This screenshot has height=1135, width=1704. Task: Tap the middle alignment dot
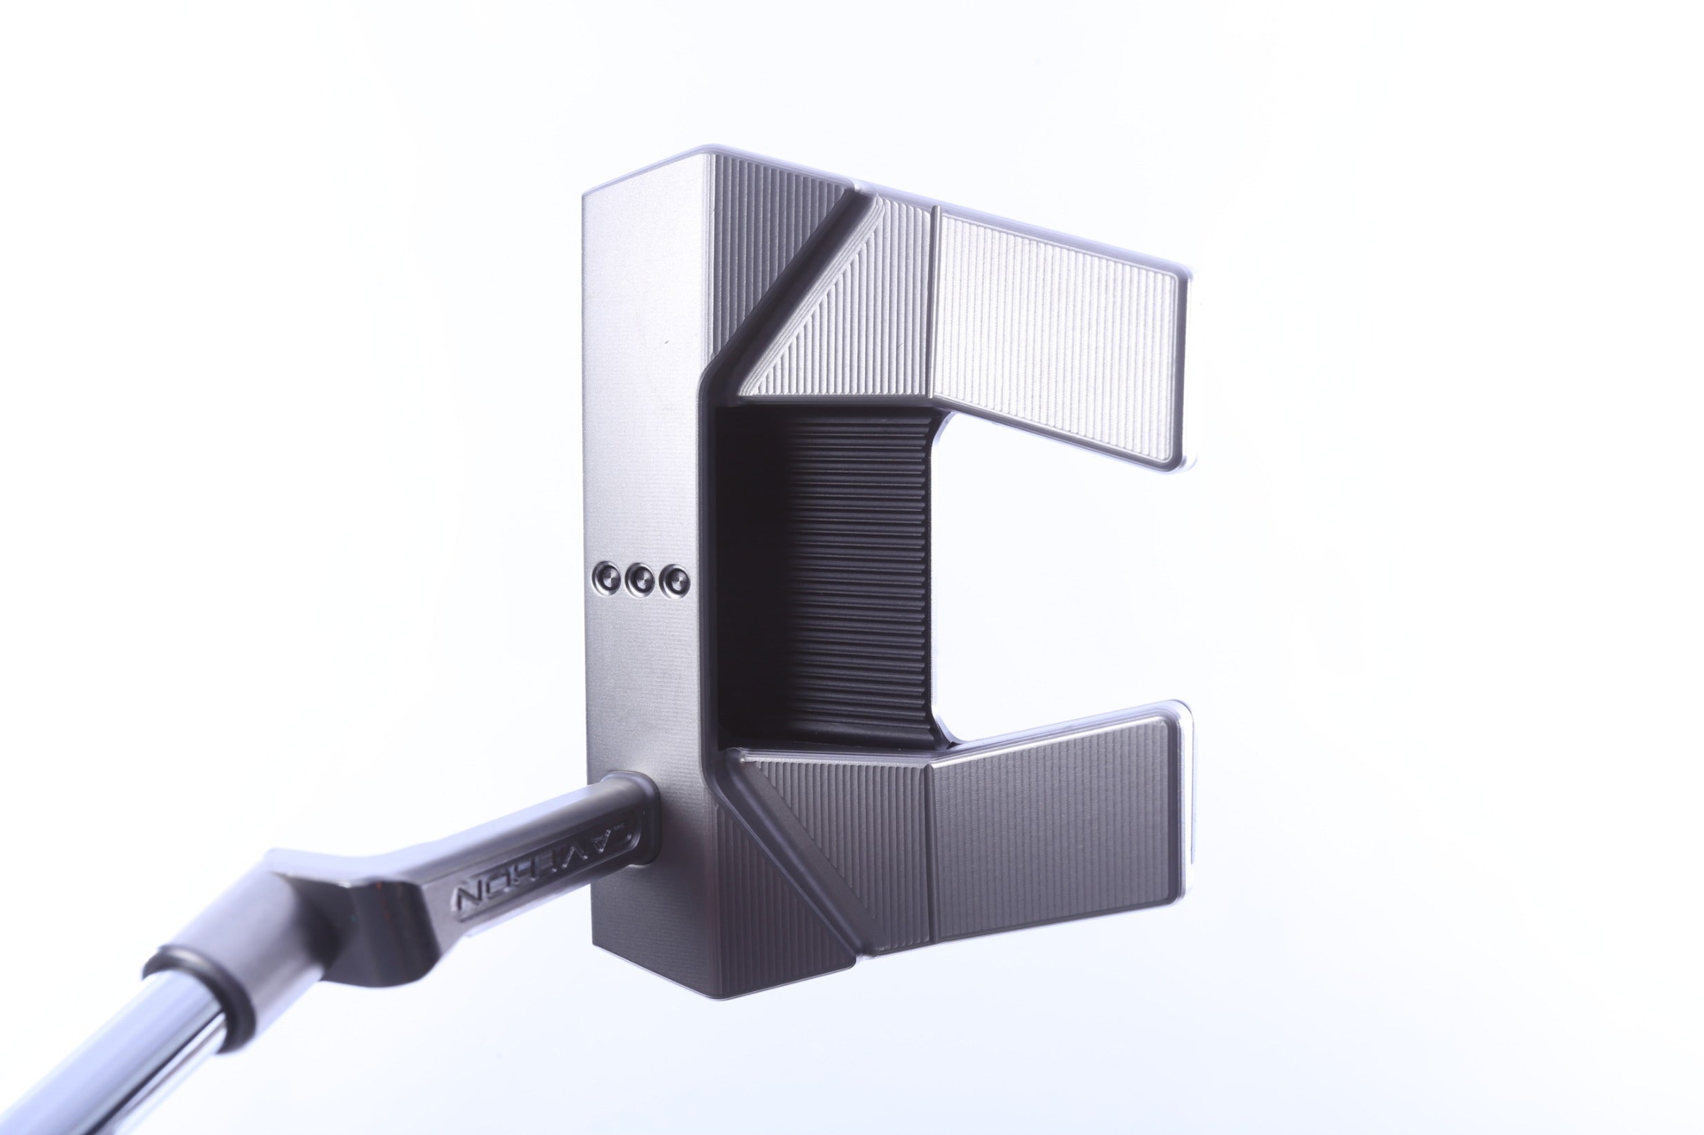pos(640,578)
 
